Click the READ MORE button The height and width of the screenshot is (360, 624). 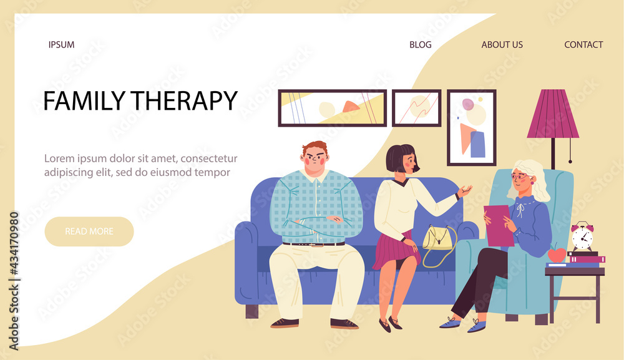(x=89, y=231)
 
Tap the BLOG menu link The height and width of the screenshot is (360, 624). (x=420, y=44)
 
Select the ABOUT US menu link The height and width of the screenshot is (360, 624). (x=502, y=44)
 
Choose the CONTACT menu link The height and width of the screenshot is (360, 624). (x=583, y=44)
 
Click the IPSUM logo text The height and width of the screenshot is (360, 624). (x=61, y=44)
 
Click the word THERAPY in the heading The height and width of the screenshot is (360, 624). (x=184, y=100)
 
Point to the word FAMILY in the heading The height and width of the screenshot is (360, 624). (x=84, y=100)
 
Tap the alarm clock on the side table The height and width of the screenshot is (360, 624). (x=582, y=236)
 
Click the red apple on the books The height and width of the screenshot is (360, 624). (x=557, y=253)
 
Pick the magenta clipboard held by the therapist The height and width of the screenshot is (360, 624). (x=498, y=225)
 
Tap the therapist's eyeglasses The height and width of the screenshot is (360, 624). (x=520, y=176)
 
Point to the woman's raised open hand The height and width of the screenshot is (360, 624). (x=464, y=192)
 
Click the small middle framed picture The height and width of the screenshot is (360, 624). (x=417, y=108)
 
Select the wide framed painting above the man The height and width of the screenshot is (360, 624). (x=333, y=108)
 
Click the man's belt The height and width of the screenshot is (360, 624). (x=314, y=244)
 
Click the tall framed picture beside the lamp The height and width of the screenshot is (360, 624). (x=472, y=128)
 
